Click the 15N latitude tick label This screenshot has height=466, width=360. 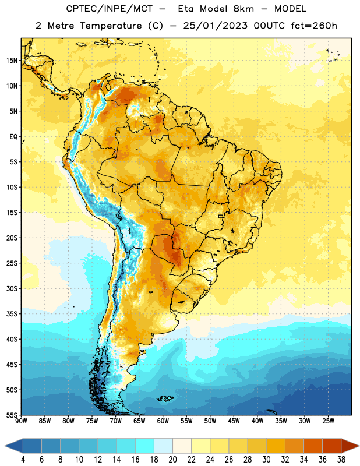12,61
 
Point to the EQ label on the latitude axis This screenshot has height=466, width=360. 13,137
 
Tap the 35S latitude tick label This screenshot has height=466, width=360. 12,314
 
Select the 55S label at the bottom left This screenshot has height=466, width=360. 12,415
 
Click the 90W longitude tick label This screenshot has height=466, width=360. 22,421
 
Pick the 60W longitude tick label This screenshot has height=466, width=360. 163,421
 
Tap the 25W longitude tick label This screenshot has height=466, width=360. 328,421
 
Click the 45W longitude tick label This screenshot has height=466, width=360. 234,421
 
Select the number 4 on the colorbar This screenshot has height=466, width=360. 23,460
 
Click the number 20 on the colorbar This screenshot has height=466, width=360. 172,460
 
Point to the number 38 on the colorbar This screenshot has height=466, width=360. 341,460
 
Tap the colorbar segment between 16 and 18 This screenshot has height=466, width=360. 144,446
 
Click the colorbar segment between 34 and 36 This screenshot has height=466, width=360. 313,446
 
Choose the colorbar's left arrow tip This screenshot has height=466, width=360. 5,446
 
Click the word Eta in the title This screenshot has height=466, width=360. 186,9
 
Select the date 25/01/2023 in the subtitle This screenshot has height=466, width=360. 215,26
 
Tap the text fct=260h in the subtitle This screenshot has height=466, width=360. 314,26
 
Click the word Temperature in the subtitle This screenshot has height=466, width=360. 111,26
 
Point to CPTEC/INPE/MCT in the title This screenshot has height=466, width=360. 110,9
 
